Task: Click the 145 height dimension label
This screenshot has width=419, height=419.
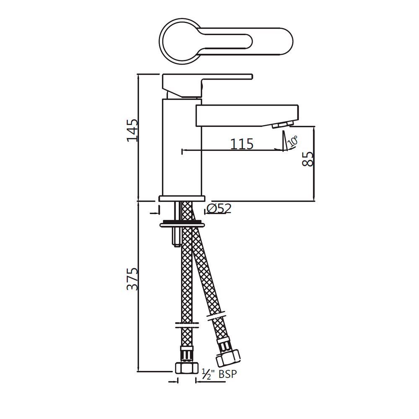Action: tap(132, 130)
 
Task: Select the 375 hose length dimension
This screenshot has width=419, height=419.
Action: tap(132, 279)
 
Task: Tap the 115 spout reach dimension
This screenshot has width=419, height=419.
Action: tap(242, 144)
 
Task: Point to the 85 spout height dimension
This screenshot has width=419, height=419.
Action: tap(308, 159)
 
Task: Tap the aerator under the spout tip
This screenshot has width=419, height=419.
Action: tap(282, 125)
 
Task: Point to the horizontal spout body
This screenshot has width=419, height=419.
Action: tap(247, 115)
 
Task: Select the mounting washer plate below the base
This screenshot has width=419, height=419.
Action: tap(182, 224)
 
